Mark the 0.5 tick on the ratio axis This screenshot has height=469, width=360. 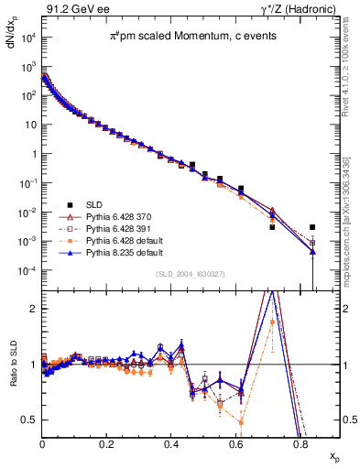pyautogui.click(x=28, y=420)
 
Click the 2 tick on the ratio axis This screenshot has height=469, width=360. pyautogui.click(x=32, y=309)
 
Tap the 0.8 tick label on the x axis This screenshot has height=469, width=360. pyautogui.click(x=300, y=442)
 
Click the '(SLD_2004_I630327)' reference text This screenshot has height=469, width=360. pyautogui.click(x=188, y=274)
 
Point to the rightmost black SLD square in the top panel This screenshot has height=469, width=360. pyautogui.click(x=312, y=227)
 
